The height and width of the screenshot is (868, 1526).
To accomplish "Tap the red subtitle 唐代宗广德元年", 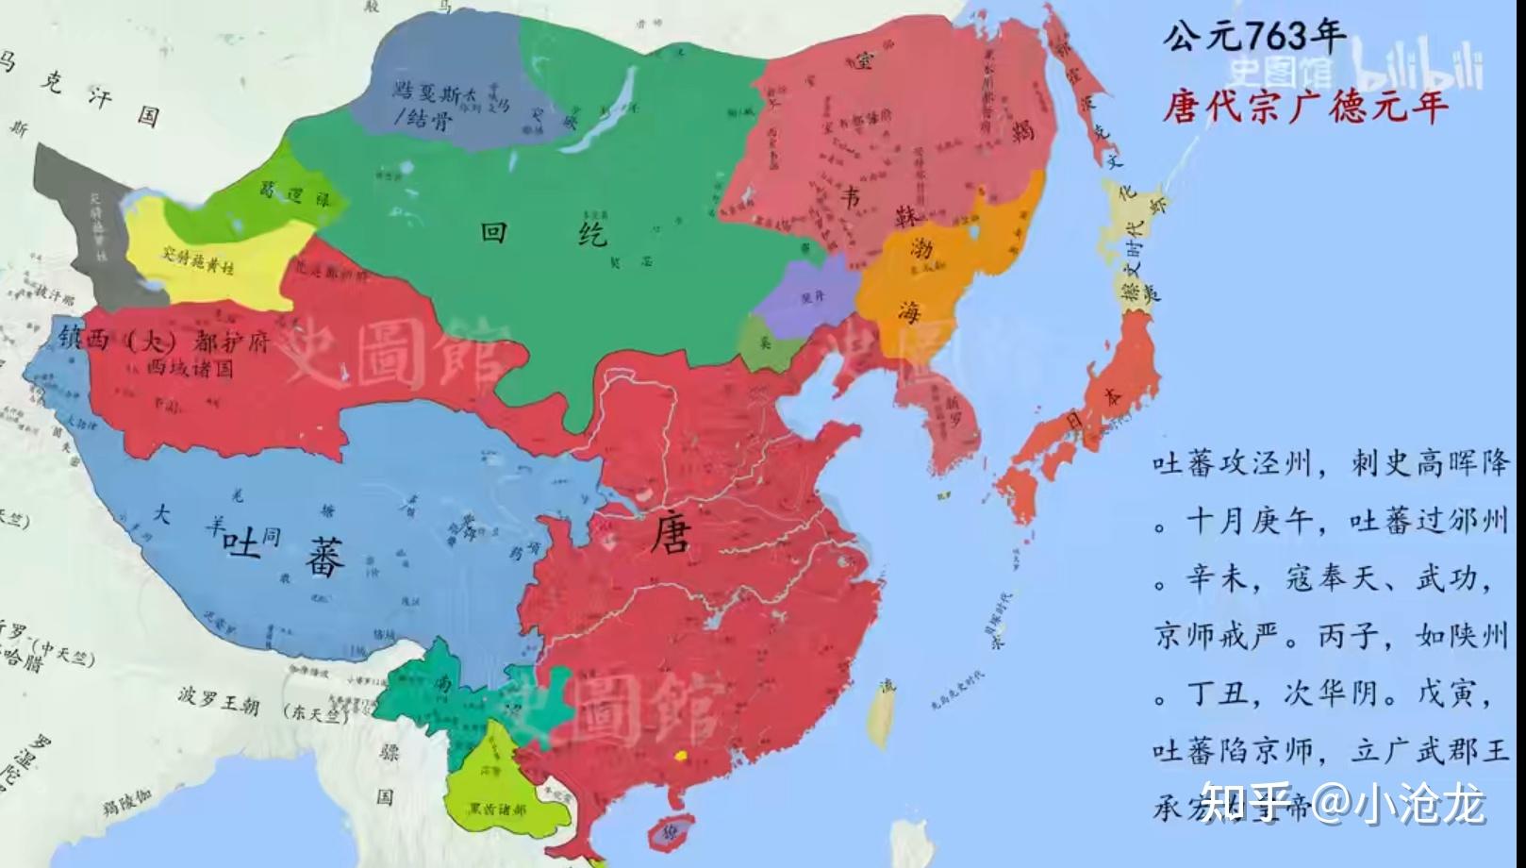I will tap(1304, 104).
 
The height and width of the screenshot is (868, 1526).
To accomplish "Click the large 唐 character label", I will tap(670, 537).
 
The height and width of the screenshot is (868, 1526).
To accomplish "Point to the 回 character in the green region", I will tap(493, 232).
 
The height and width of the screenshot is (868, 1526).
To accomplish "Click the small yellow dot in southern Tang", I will tap(679, 755).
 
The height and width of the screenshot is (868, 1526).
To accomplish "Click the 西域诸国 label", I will tap(189, 368).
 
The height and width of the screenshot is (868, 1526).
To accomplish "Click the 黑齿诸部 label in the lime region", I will tap(497, 809).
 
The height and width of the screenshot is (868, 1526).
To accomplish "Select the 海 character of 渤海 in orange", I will tap(909, 311).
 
